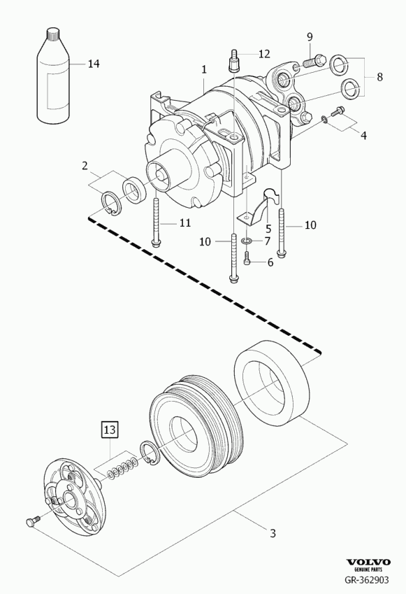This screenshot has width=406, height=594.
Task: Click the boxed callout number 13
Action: pyautogui.click(x=110, y=430)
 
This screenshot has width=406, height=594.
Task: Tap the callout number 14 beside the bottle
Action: pyautogui.click(x=94, y=64)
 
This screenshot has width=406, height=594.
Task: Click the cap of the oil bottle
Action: pyautogui.click(x=54, y=35)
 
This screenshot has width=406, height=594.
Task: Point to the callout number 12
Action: pyautogui.click(x=264, y=54)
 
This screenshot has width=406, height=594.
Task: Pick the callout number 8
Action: pyautogui.click(x=379, y=77)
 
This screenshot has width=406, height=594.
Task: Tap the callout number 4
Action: pyautogui.click(x=363, y=135)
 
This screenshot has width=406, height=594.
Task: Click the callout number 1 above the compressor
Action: pyautogui.click(x=204, y=69)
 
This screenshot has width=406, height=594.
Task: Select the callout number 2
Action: pyautogui.click(x=85, y=165)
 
